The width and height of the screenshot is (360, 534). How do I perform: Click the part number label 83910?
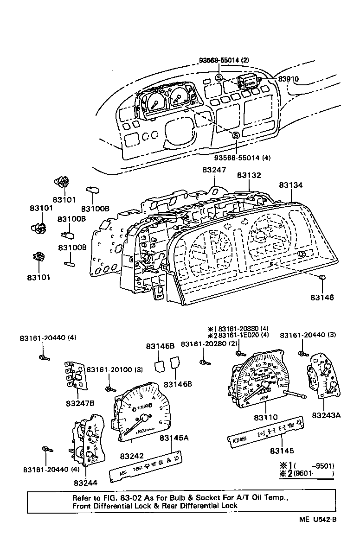tap(289, 79)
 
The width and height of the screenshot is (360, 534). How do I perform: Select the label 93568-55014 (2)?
tap(224, 60)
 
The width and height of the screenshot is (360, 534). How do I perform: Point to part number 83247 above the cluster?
tap(214, 170)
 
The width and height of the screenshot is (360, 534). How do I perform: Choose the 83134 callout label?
tap(291, 185)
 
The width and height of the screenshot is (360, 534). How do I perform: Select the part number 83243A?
tap(326, 415)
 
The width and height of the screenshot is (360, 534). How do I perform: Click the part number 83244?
tap(85, 483)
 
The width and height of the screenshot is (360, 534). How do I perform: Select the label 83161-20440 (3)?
tap(308, 335)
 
